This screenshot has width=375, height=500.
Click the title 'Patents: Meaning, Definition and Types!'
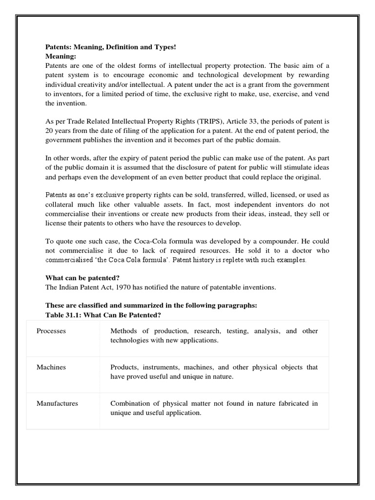pos(110,47)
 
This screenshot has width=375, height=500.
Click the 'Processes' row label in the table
pos(51,331)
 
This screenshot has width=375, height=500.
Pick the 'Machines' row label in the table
pos(51,367)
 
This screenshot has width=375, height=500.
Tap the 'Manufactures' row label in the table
pos(57,403)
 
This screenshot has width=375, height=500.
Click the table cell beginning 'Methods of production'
pos(214,335)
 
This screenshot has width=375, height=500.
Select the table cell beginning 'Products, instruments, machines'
pos(214,372)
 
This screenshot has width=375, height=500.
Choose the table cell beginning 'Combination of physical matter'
pos(214,408)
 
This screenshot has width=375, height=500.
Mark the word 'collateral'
pos(62,205)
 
